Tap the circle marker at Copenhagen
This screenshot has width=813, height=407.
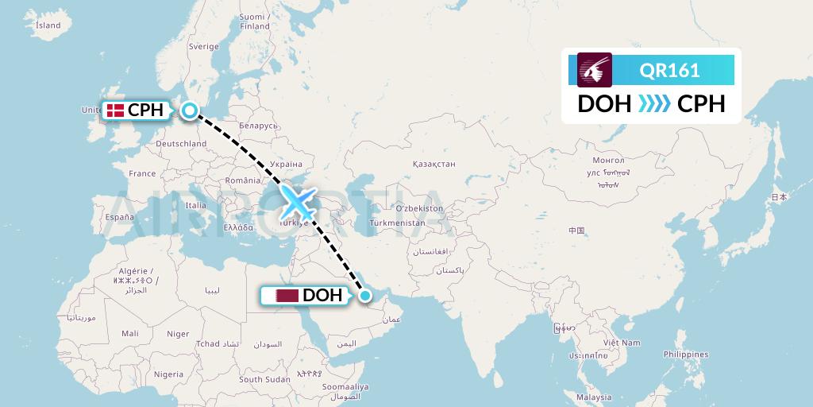click(x=191, y=110)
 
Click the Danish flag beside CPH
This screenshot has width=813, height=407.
click(x=116, y=110)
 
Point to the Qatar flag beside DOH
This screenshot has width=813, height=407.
click(x=287, y=296)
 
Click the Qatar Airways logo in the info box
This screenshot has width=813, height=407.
click(x=595, y=70)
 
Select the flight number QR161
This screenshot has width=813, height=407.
click(x=669, y=70)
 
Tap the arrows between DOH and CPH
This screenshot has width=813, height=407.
click(x=655, y=104)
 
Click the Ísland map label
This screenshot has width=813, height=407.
click(x=48, y=25)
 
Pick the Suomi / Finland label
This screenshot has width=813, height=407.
click(x=254, y=21)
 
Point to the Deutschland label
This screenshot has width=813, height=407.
click(x=181, y=144)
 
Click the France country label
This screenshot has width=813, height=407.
click(x=143, y=173)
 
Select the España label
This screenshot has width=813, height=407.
click(x=120, y=216)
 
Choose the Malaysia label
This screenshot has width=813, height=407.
click(x=594, y=397)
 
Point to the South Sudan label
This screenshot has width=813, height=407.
click(x=262, y=380)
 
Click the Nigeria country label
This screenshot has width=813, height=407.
click(x=168, y=374)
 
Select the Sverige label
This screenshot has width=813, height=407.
click(x=203, y=47)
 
